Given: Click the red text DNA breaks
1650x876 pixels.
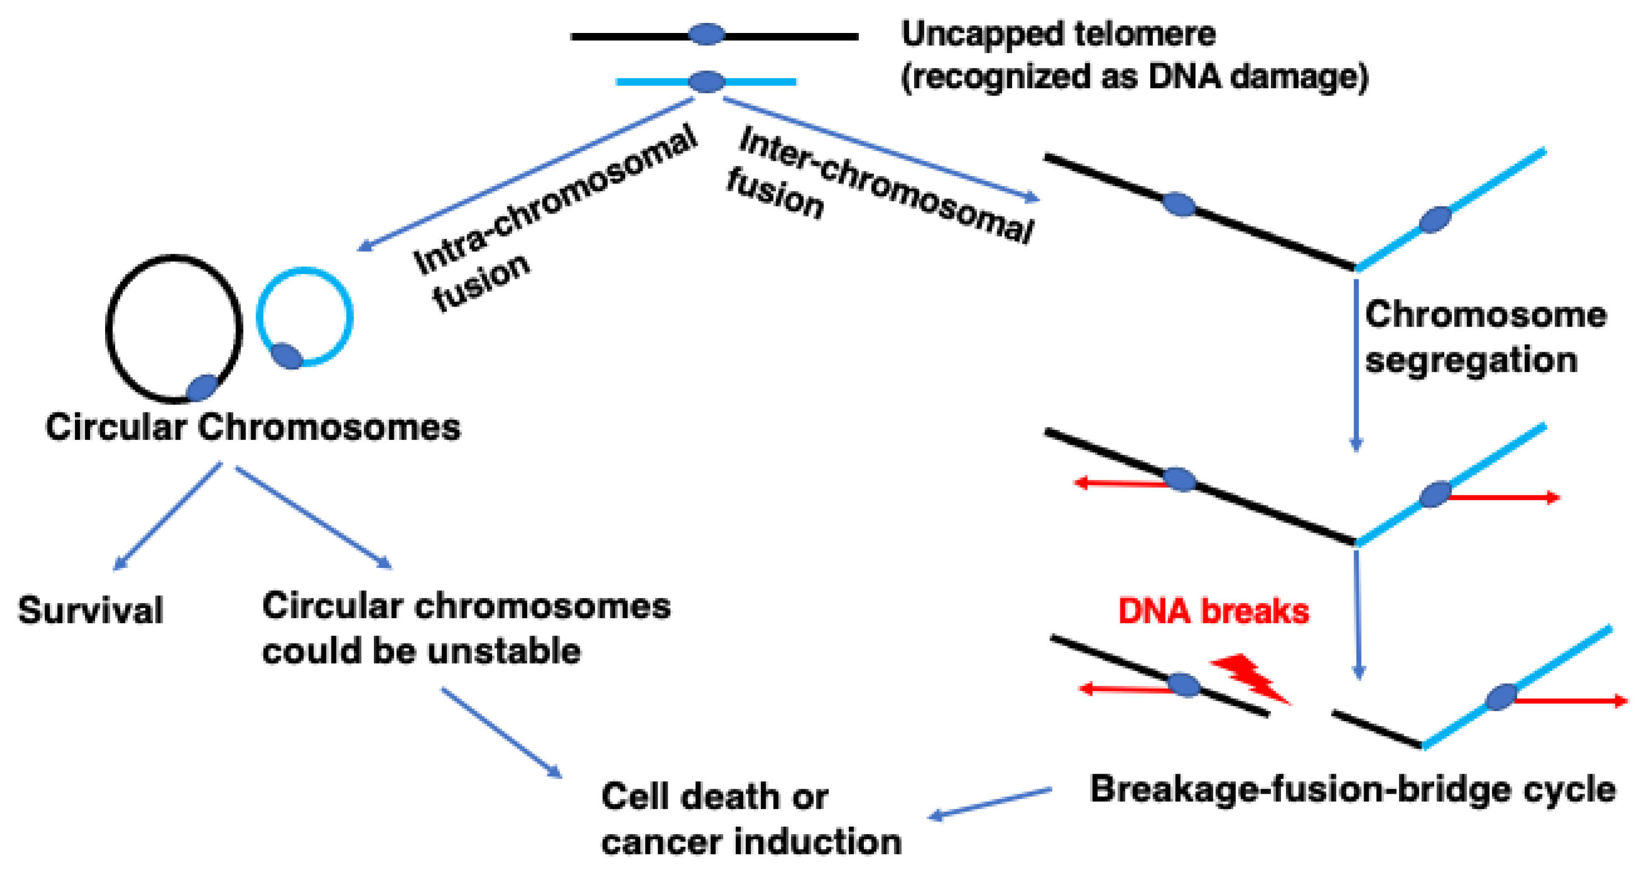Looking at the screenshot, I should [1213, 611].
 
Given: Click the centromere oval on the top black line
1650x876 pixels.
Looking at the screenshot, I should [707, 35].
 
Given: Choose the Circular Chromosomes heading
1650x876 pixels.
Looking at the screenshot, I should [253, 427].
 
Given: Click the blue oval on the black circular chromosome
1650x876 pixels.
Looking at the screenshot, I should [202, 388].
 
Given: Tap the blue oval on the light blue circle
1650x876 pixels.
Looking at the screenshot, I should [286, 356].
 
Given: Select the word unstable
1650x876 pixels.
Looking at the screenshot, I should [504, 651].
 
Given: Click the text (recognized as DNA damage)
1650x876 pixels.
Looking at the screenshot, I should [1134, 77].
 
